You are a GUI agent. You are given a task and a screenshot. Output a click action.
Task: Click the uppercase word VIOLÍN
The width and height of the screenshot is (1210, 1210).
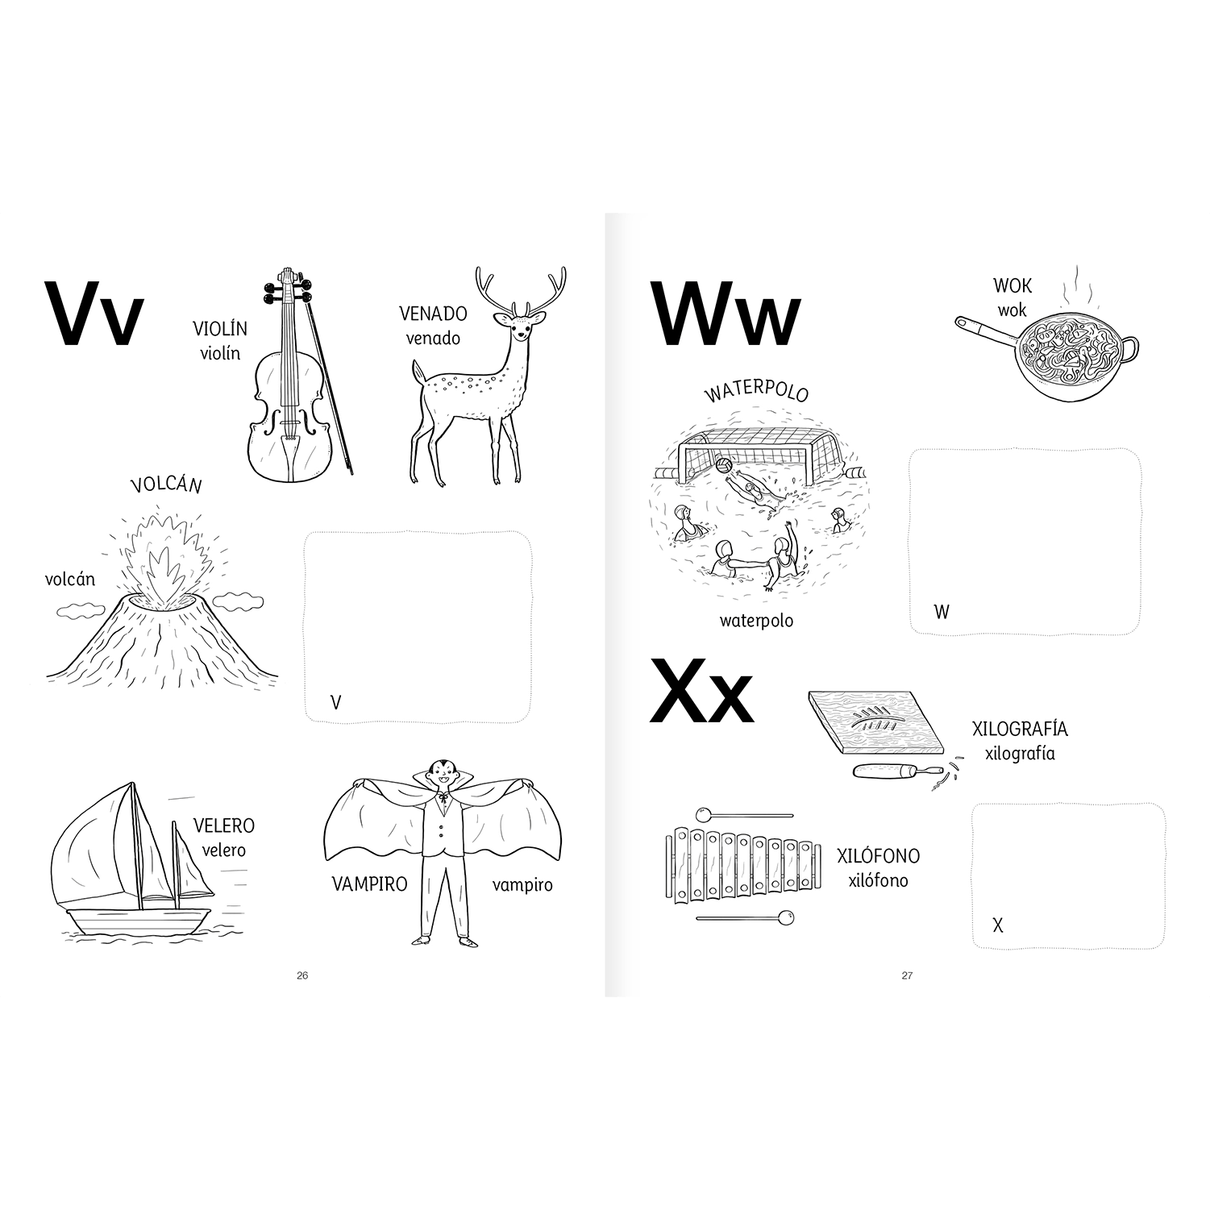(220, 329)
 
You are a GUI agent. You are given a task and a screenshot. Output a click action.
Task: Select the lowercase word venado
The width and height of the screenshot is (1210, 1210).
(433, 339)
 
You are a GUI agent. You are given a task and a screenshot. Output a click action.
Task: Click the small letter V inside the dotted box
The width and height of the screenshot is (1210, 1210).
(336, 702)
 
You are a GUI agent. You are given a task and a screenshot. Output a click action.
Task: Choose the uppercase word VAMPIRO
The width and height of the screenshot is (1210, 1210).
(370, 884)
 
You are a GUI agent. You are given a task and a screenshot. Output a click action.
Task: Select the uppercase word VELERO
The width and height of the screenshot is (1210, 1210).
(223, 826)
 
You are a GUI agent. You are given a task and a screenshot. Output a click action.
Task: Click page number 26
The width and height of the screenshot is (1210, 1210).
(302, 975)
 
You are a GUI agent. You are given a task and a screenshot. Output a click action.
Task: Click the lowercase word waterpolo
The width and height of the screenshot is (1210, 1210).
(756, 621)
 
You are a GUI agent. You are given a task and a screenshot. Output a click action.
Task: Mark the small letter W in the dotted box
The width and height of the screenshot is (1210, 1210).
(942, 611)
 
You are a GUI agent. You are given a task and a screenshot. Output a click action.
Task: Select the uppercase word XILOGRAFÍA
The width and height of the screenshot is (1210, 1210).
(1020, 730)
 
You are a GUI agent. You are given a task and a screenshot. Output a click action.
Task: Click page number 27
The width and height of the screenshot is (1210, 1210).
(907, 975)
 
